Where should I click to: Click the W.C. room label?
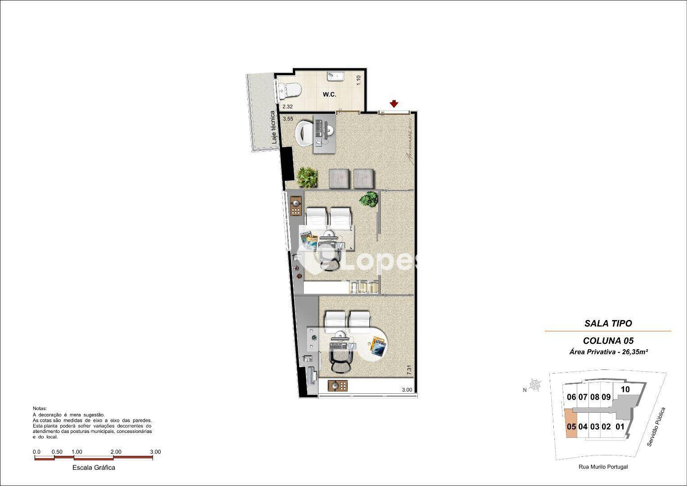tap(329, 94)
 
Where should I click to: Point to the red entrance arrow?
tap(394, 104)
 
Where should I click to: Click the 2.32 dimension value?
tap(287, 107)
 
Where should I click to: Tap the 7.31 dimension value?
tap(409, 371)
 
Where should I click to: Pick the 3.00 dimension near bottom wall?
tap(407, 390)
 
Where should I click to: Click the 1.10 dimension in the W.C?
tap(359, 80)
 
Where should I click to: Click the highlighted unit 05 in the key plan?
tap(571, 426)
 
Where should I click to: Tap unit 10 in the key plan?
tap(625, 389)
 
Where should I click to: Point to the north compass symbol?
tap(535, 385)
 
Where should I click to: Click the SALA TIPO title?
tap(608, 323)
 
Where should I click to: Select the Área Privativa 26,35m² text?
tap(608, 352)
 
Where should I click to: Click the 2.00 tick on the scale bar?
tap(116, 452)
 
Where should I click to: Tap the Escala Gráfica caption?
tap(94, 468)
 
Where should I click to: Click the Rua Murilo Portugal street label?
tap(603, 467)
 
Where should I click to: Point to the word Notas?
tap(40, 409)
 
